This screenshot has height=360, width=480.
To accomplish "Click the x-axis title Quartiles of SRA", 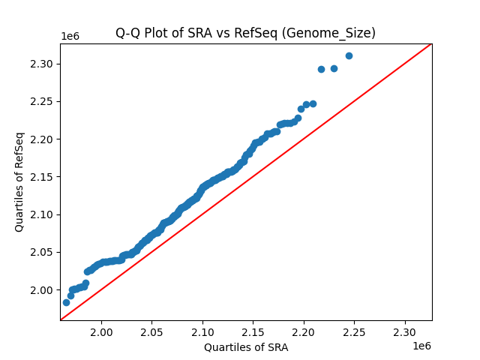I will (x=246, y=347).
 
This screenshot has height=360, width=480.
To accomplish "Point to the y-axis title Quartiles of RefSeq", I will (x=20, y=181).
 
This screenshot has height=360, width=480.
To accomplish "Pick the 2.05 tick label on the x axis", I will (x=151, y=331).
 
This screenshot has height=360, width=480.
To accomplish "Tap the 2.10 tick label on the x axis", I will (x=202, y=331).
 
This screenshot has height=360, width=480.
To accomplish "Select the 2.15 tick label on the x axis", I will (x=253, y=331).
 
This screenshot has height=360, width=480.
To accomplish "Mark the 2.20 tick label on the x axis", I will (x=304, y=331).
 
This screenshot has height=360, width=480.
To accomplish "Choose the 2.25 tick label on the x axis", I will (x=354, y=331).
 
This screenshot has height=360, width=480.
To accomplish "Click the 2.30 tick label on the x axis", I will (x=405, y=331).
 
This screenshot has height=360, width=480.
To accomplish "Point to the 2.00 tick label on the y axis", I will (x=43, y=290).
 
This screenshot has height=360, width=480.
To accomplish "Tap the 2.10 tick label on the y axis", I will (x=43, y=214).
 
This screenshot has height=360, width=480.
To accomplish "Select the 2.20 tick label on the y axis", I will (x=43, y=139).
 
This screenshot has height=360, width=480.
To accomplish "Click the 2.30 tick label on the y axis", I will (x=43, y=64).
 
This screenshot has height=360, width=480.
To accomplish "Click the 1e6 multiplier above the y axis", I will (x=70, y=37).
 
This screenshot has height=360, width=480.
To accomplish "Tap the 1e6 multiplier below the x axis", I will (x=421, y=346).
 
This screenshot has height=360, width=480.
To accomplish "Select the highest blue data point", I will (x=349, y=55).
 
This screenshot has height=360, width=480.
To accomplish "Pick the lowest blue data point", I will (x=66, y=302).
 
